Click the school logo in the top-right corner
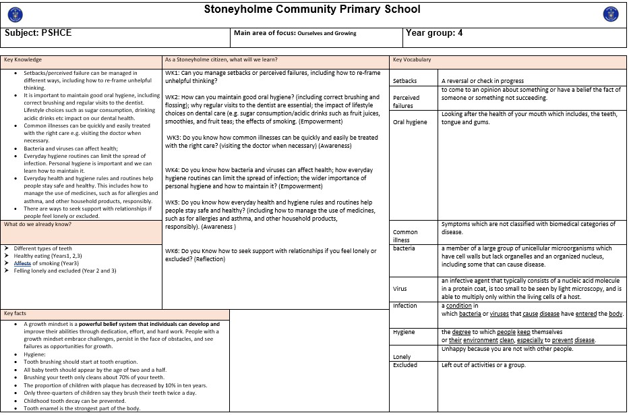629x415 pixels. (611, 13)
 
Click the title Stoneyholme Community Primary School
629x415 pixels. (311, 9)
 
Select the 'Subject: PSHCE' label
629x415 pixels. (38, 33)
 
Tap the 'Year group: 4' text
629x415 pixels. (434, 32)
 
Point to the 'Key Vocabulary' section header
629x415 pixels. (412, 60)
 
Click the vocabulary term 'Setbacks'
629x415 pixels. (405, 81)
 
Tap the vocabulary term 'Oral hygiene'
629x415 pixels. (410, 122)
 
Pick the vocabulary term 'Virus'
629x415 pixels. (400, 289)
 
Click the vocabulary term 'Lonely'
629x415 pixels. (402, 356)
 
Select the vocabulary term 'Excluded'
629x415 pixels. (405, 365)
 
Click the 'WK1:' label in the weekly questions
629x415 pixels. (173, 73)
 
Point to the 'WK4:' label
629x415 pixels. (173, 169)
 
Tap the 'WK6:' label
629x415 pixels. (173, 251)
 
